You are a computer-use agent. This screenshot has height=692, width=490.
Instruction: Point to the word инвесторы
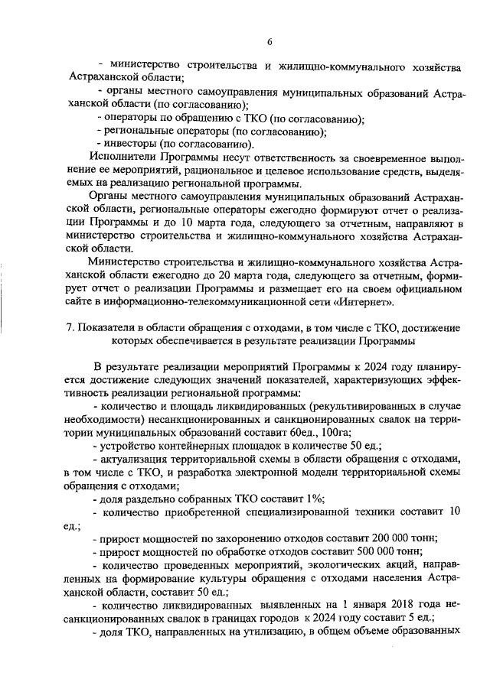130,144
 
